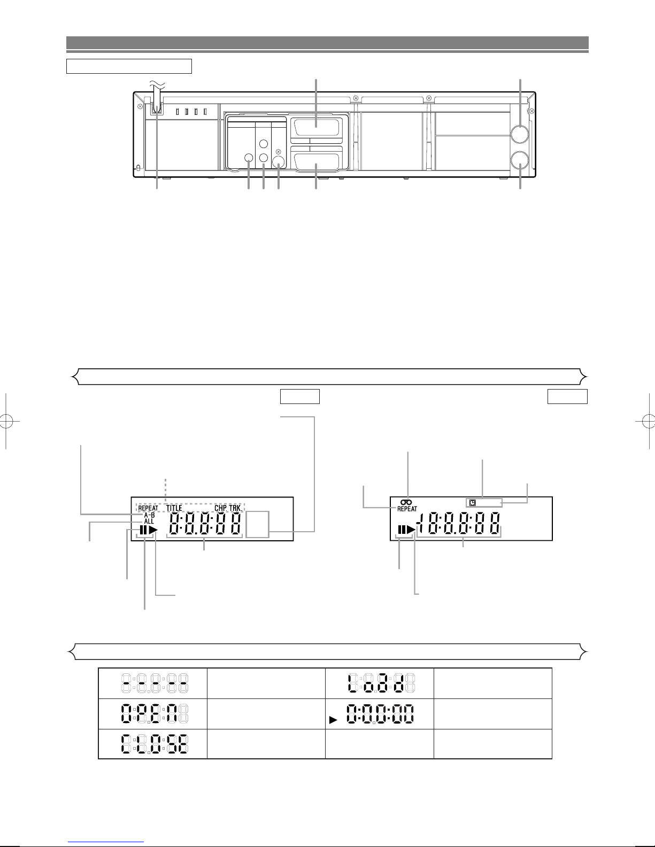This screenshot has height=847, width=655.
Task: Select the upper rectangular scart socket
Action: [x=316, y=127]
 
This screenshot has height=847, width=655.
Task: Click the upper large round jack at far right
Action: [x=520, y=134]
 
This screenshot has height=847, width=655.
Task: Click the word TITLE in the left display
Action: [x=174, y=508]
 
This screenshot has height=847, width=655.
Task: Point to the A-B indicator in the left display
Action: [x=149, y=515]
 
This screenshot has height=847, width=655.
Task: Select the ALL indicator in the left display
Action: [x=149, y=522]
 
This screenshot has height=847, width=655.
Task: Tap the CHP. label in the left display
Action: [x=221, y=508]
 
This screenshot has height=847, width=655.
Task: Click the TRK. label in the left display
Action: [x=235, y=508]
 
